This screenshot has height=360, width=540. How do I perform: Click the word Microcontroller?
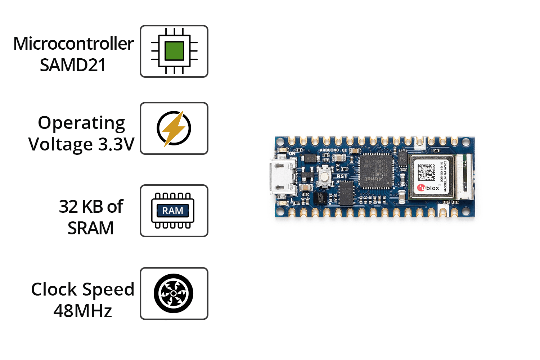(x=73, y=44)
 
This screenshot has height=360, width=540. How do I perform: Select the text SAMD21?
(x=73, y=65)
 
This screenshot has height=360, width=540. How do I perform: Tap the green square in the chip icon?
(x=174, y=51)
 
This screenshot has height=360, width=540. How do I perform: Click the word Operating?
(x=81, y=123)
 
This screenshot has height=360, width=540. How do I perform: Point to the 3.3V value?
(x=116, y=144)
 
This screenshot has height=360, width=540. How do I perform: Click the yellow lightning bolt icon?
(x=174, y=128)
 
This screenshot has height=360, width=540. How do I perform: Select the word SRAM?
(x=91, y=228)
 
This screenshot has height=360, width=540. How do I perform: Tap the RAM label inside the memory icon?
(x=173, y=211)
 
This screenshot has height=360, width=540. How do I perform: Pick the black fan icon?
(x=174, y=293)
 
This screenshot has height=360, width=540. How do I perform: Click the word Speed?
(x=108, y=289)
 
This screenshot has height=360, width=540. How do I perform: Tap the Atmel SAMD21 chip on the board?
(x=376, y=171)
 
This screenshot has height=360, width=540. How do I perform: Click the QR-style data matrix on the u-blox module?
(x=426, y=172)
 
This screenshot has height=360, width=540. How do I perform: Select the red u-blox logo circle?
(x=421, y=188)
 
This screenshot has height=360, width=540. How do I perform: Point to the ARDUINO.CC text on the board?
(x=333, y=150)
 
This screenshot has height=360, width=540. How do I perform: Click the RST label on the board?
(x=342, y=176)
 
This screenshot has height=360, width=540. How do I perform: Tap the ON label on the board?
(x=292, y=153)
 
